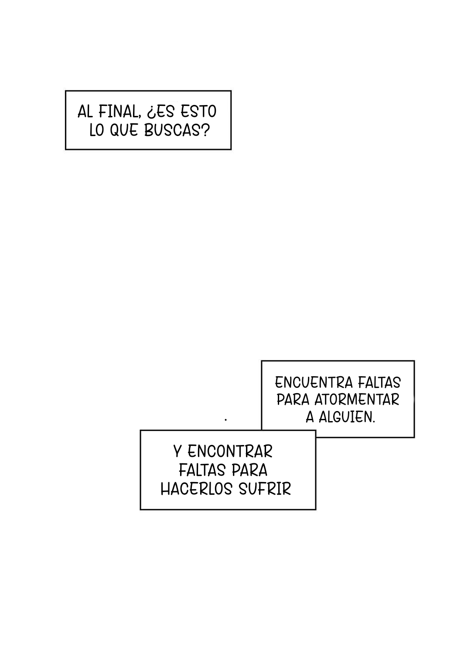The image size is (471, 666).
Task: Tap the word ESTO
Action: coord(198,112)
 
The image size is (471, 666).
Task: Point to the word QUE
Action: coord(124,130)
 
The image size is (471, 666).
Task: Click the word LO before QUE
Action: coord(96,130)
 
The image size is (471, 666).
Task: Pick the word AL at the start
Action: coord(85,112)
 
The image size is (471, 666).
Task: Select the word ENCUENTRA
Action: coord(314,383)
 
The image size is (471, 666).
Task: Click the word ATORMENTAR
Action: coord(357,400)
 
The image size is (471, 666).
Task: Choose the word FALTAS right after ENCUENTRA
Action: coord(379,383)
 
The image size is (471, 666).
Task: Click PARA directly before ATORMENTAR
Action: coord(293,400)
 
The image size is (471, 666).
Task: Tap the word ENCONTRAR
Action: coord(230,452)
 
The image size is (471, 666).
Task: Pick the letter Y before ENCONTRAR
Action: coord(177,452)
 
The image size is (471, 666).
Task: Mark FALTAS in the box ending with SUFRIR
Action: coord(202,470)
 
